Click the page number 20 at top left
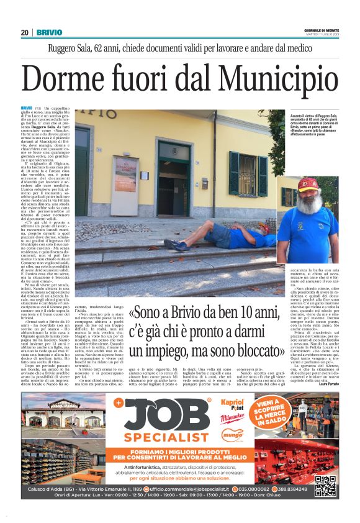24,32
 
